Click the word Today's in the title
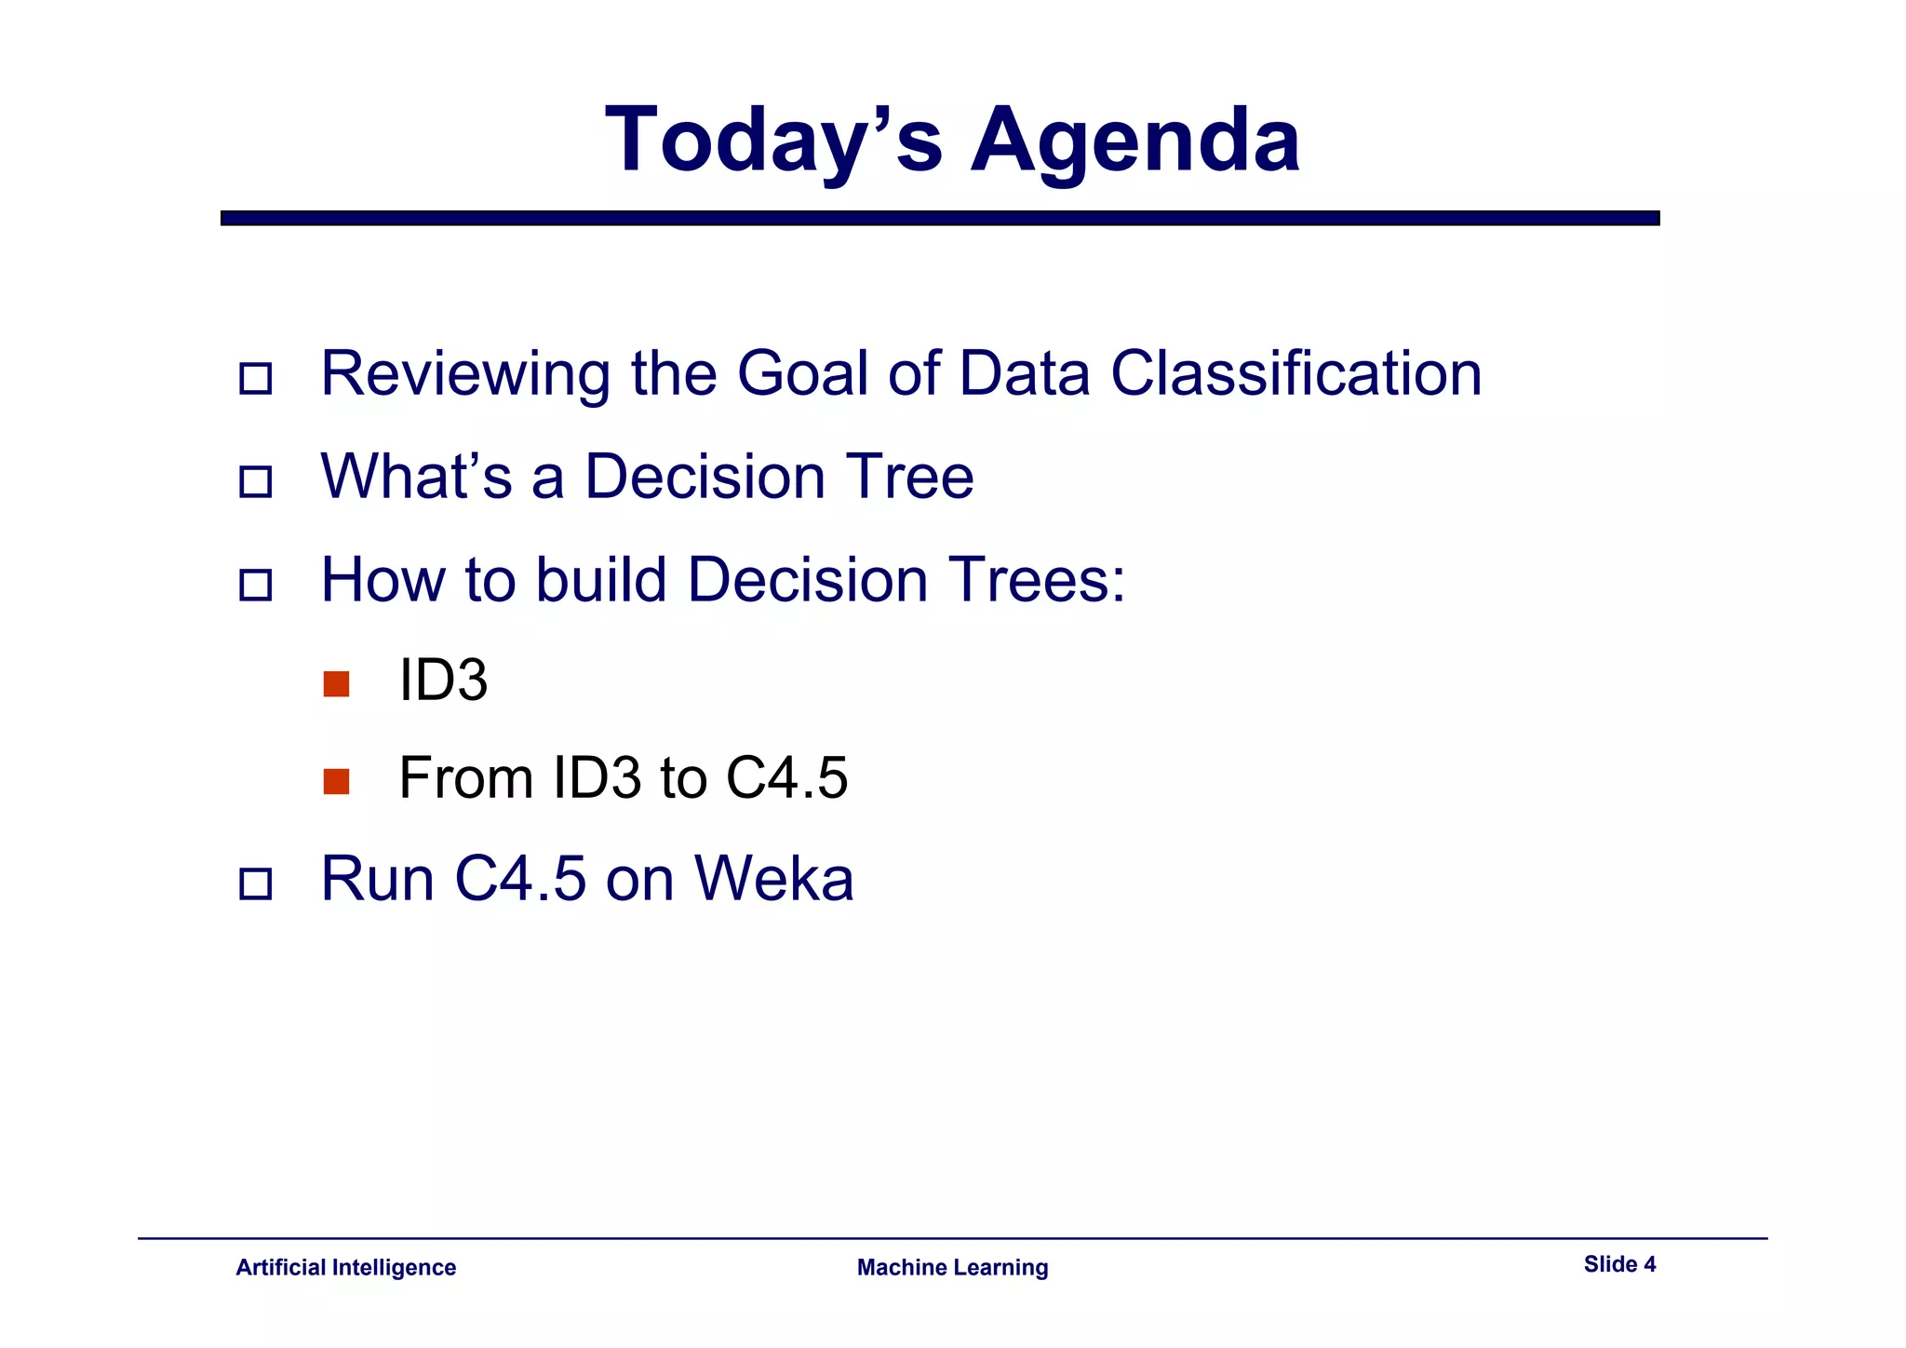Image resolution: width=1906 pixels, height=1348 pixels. (773, 140)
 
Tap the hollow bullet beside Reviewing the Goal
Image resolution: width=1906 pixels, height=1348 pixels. (255, 379)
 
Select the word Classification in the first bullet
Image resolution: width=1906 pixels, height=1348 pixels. (1295, 374)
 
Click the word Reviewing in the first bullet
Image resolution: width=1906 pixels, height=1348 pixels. (465, 374)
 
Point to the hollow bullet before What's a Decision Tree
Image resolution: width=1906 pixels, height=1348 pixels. (255, 482)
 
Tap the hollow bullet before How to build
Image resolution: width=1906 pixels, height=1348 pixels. (255, 586)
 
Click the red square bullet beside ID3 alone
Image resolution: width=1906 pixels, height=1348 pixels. (336, 684)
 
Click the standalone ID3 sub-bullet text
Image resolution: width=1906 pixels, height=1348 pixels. (443, 681)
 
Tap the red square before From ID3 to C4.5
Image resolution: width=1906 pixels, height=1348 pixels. (336, 782)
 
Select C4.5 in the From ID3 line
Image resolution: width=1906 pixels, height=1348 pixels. (786, 778)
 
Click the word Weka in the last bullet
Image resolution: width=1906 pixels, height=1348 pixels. (773, 879)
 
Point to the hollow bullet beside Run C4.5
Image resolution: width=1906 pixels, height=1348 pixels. (255, 884)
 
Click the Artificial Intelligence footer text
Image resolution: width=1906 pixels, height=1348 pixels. (345, 1268)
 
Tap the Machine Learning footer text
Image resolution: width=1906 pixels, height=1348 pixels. (952, 1268)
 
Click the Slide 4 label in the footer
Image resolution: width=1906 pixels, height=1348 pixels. (1619, 1264)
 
